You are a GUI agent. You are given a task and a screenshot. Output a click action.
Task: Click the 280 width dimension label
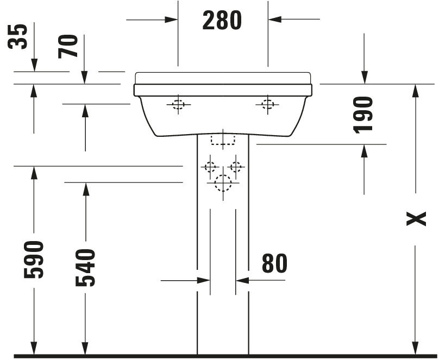[222, 20]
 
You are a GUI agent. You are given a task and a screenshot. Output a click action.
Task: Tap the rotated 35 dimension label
[17, 36]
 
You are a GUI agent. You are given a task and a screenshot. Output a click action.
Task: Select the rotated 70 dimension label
[68, 47]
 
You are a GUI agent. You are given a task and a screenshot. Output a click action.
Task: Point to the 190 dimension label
[363, 115]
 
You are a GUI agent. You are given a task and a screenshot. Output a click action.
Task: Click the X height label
[416, 219]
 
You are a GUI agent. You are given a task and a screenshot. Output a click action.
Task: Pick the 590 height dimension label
[34, 260]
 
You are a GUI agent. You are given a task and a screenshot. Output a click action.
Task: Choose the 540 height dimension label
[85, 268]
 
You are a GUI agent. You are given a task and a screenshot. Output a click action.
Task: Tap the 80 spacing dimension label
[274, 263]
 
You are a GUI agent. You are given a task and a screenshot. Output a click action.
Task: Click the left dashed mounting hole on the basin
[178, 105]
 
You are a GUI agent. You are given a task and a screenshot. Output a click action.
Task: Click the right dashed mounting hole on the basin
[267, 105]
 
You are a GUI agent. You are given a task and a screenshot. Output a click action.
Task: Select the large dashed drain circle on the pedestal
[223, 183]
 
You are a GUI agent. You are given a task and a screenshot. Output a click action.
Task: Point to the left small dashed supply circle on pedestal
[210, 167]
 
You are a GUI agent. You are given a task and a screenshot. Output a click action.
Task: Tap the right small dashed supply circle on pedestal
[236, 167]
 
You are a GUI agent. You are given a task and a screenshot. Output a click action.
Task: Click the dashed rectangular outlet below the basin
[223, 140]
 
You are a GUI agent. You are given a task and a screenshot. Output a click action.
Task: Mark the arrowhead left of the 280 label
[171, 20]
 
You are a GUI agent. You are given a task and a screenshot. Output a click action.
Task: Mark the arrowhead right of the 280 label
[275, 20]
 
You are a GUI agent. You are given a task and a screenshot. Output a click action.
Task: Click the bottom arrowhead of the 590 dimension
[34, 348]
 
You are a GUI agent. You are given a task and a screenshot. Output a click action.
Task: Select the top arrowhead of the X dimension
[416, 91]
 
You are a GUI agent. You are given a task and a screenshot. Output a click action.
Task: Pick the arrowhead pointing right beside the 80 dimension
[204, 280]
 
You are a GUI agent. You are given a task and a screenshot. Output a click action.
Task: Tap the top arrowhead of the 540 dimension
[86, 190]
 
